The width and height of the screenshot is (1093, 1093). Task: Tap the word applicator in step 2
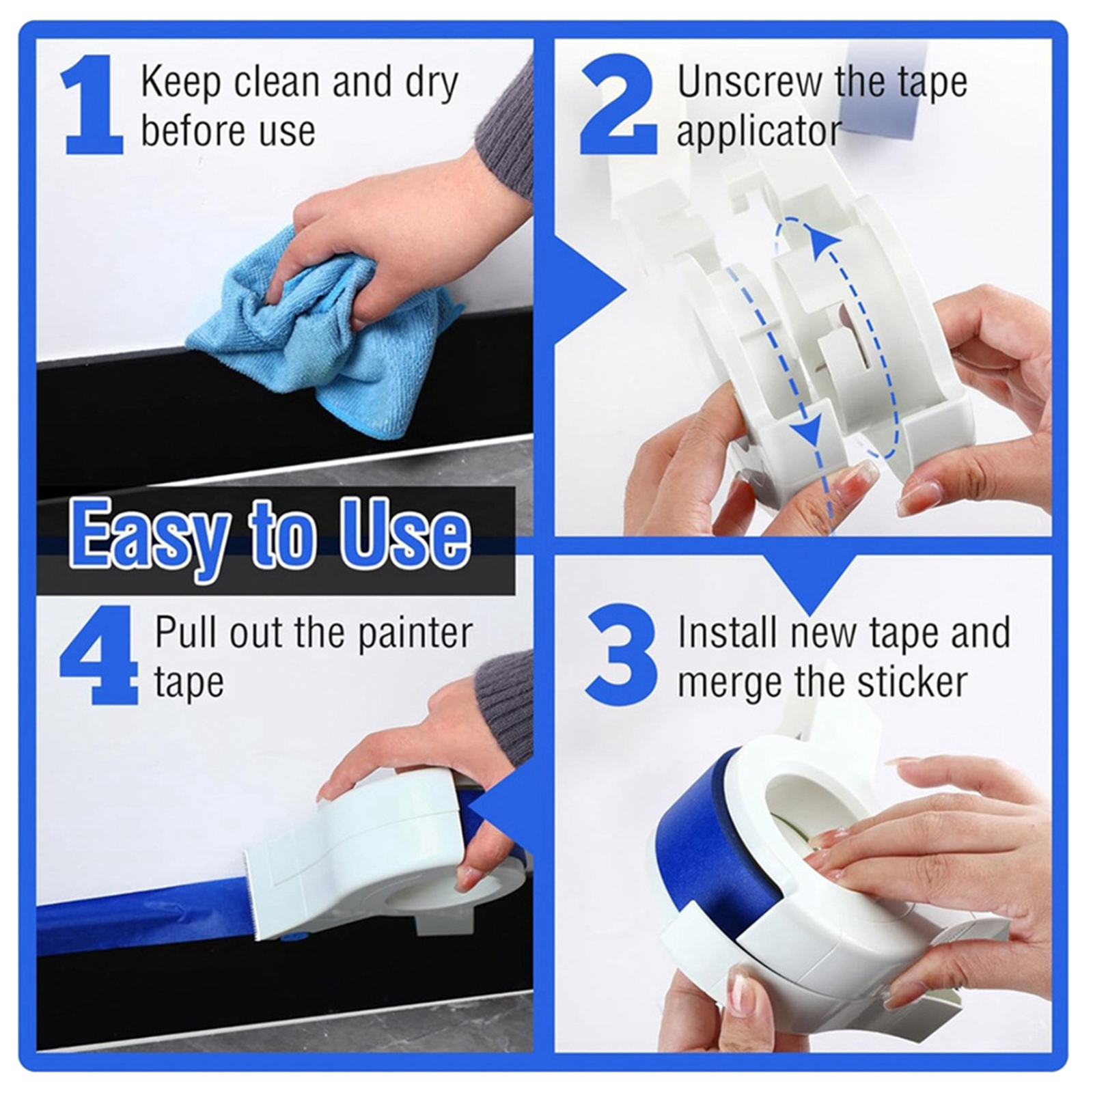(759, 131)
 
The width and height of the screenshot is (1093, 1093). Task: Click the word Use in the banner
(405, 534)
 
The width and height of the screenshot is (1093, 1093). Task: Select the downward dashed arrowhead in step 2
(810, 430)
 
